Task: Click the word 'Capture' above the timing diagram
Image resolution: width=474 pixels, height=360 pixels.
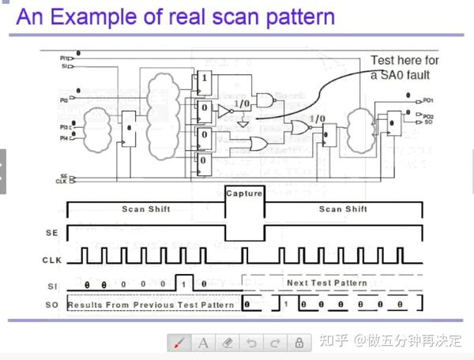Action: pyautogui.click(x=244, y=193)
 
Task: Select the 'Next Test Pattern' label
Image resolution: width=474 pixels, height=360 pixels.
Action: pyautogui.click(x=326, y=283)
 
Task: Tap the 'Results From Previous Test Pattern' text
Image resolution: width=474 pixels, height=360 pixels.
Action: pyautogui.click(x=150, y=304)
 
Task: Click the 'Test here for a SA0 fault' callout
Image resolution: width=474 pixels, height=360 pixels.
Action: pyautogui.click(x=404, y=67)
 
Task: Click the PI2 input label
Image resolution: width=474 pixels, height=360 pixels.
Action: pyautogui.click(x=63, y=101)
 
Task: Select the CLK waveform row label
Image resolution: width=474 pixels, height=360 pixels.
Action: pyautogui.click(x=52, y=260)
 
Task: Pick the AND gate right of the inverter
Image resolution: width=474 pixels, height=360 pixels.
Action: pyautogui.click(x=266, y=100)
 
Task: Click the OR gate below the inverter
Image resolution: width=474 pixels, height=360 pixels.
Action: pyautogui.click(x=258, y=143)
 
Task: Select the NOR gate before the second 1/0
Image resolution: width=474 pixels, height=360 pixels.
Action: pyautogui.click(x=301, y=127)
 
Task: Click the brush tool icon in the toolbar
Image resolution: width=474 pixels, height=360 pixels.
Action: pyautogui.click(x=179, y=343)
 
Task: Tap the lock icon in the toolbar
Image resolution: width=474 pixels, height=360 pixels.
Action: pyautogui.click(x=299, y=343)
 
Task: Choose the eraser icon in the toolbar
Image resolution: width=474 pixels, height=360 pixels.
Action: pyautogui.click(x=227, y=343)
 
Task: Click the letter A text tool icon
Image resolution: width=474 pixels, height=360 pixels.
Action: pyautogui.click(x=202, y=343)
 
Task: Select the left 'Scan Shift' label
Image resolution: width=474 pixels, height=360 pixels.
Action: pyautogui.click(x=145, y=209)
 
